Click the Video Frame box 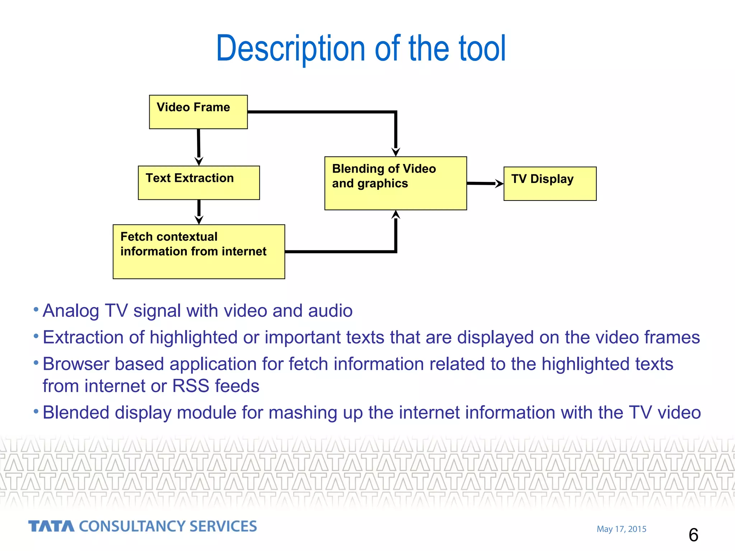tap(198, 112)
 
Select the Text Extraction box tap(198, 183)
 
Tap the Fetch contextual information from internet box tap(198, 251)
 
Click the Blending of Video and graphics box tap(395, 183)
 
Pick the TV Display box tap(550, 184)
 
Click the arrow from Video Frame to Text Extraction tap(198, 147)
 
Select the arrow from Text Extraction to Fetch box tap(199, 212)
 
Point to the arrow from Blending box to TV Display tap(484, 183)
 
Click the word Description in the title tap(291, 48)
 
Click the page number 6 tap(693, 535)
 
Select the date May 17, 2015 tap(621, 529)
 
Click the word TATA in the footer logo tap(51, 526)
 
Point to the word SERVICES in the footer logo tap(223, 526)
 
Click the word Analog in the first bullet tap(71, 311)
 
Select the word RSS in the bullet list tap(191, 386)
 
